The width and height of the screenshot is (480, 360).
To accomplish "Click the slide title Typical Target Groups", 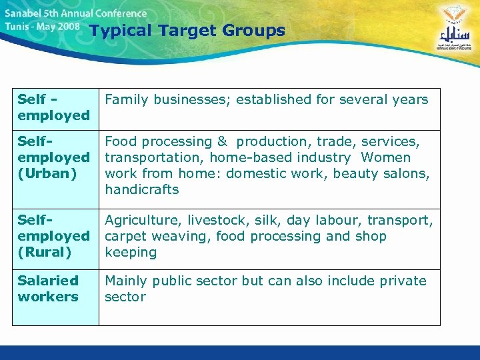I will pos(187,31).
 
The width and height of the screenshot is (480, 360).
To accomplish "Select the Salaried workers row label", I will pos(48,289).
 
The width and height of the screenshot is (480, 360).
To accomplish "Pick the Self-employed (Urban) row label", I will pos(53,157).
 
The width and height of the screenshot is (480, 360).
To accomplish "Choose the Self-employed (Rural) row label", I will pos(53,236).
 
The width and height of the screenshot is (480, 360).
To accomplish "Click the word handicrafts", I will pos(142,190).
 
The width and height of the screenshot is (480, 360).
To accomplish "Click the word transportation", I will pos(153,158).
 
